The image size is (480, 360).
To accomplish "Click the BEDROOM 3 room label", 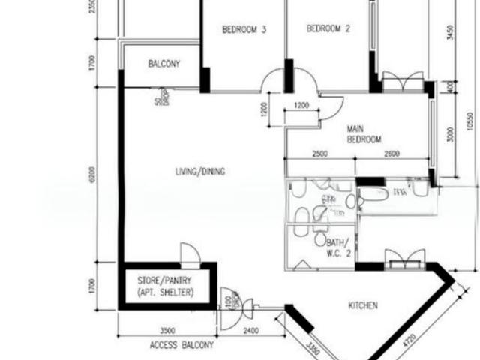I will pyautogui.click(x=244, y=30).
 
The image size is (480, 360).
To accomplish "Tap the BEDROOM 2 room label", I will pyautogui.click(x=328, y=29).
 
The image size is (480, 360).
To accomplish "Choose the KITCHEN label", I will pyautogui.click(x=362, y=305).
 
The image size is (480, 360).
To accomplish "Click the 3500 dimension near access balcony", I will pyautogui.click(x=167, y=330).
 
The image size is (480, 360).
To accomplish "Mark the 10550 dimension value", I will pyautogui.click(x=469, y=121).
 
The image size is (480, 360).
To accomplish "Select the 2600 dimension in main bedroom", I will pyautogui.click(x=391, y=154).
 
